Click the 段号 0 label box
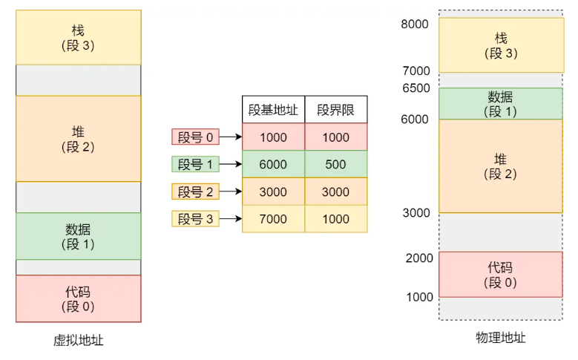coord(195,137)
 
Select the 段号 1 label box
coord(195,165)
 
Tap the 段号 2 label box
coord(195,192)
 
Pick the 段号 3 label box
coord(195,218)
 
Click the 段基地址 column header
coord(273,110)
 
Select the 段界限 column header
coord(335,110)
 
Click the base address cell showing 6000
coord(273,165)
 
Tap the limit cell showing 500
coord(335,165)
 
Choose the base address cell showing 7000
coord(273,219)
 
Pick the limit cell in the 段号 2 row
coord(335,192)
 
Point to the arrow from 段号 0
coord(231,137)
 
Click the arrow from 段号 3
coord(231,219)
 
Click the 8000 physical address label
coord(415,24)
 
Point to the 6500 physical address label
coord(415,88)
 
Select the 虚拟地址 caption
coord(78,340)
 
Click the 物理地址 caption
coord(500,338)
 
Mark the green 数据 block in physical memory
coord(500,103)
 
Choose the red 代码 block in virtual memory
coord(78,298)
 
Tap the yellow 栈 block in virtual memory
coord(78,37)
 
